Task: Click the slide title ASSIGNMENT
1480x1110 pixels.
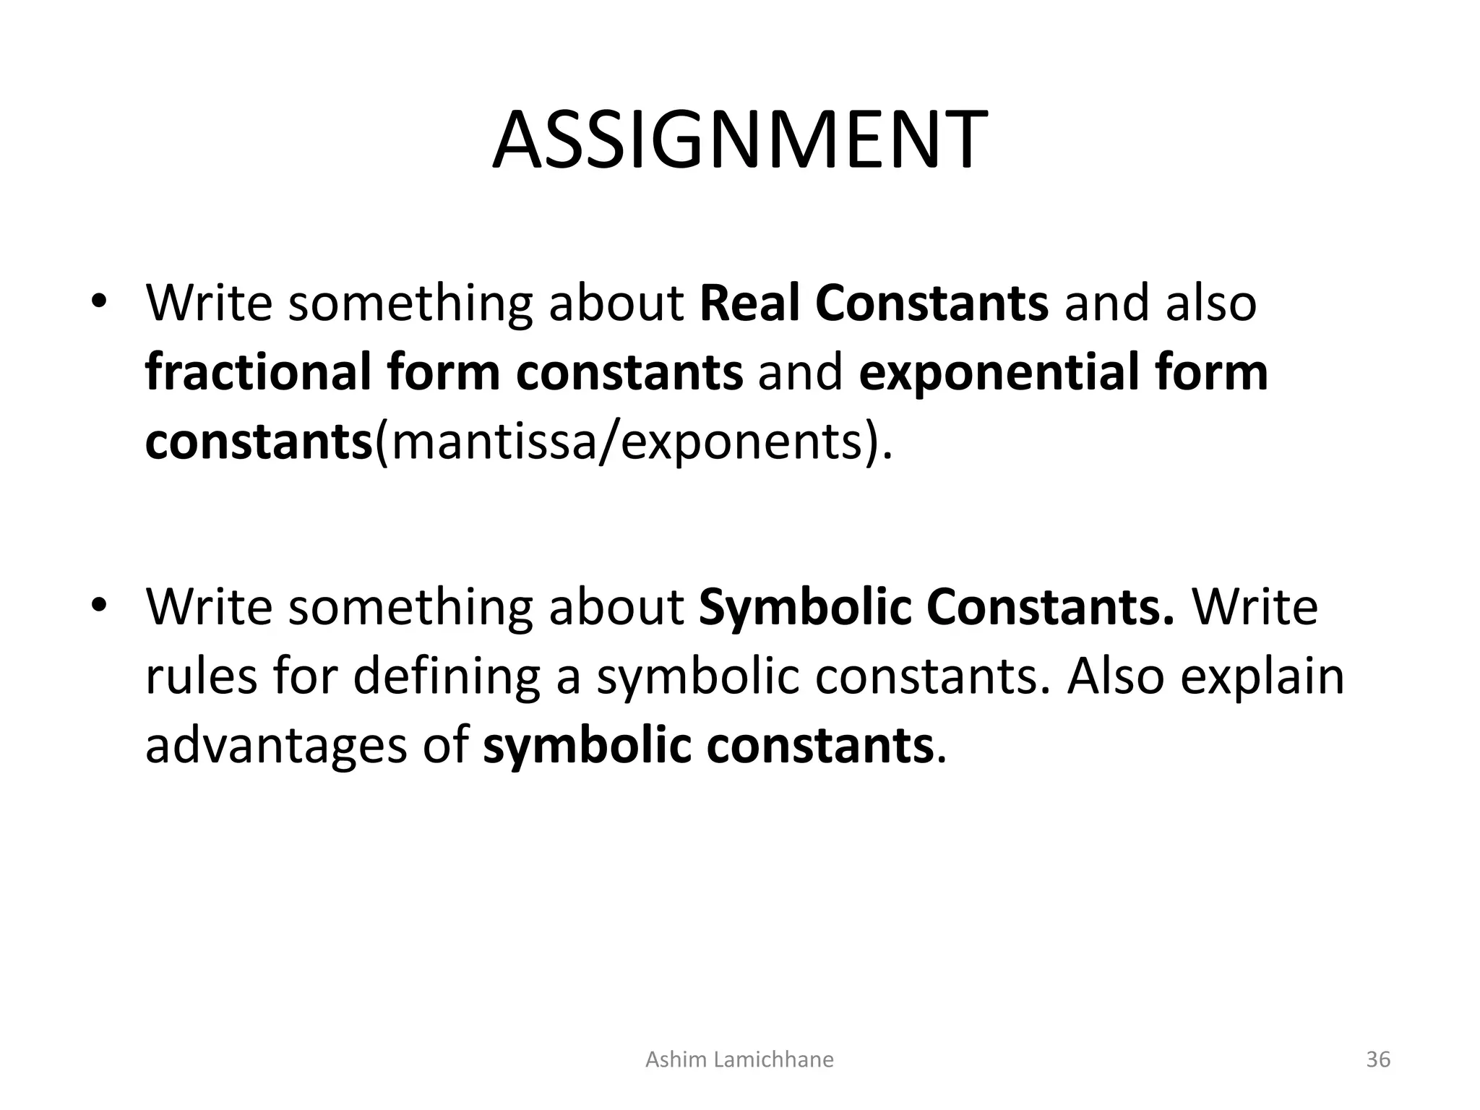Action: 739,140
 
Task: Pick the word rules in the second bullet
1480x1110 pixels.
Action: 201,676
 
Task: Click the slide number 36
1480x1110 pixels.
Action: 1378,1059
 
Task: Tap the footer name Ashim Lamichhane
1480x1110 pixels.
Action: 739,1059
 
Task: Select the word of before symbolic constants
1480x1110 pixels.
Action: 446,746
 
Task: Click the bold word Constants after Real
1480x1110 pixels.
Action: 932,304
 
